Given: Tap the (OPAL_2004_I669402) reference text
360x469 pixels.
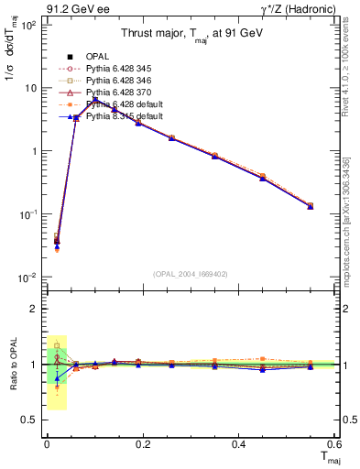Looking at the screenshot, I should (189, 272).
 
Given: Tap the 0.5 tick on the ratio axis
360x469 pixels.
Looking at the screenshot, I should (31, 420).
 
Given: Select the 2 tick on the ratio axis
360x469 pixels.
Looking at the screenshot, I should (32, 309).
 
